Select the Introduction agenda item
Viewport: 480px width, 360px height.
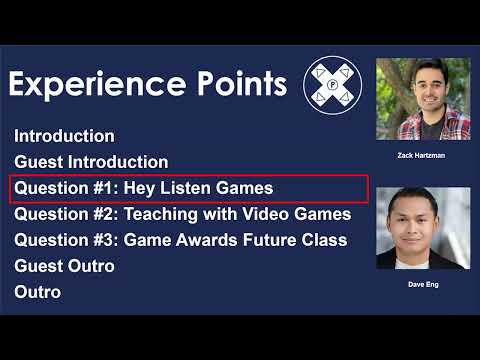click(x=64, y=136)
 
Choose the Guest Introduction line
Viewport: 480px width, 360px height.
click(x=91, y=162)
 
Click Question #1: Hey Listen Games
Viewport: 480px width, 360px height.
click(x=143, y=188)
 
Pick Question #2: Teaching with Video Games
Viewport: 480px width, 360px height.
click(x=182, y=214)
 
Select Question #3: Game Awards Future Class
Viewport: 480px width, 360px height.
click(x=180, y=240)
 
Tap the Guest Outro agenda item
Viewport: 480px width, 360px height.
click(x=64, y=266)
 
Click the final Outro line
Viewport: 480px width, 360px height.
click(x=37, y=292)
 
